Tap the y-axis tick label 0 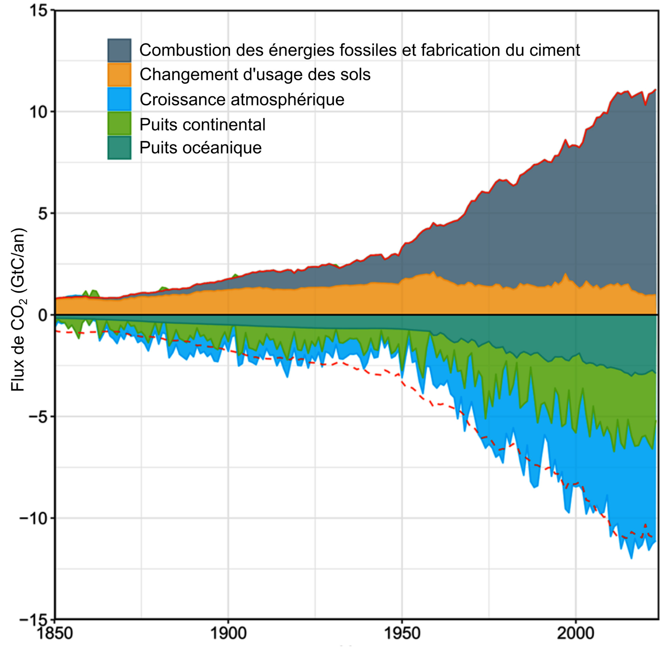[43, 315]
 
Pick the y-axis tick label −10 [33, 518]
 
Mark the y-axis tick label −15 [33, 619]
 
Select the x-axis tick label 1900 [228, 634]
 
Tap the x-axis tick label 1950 [402, 634]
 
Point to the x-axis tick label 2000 [576, 634]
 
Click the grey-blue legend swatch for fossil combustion [119, 50]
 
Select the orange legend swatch [119, 75]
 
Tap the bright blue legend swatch [119, 99]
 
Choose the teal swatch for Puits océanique [119, 148]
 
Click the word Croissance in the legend [182, 100]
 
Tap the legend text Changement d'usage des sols [255, 75]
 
